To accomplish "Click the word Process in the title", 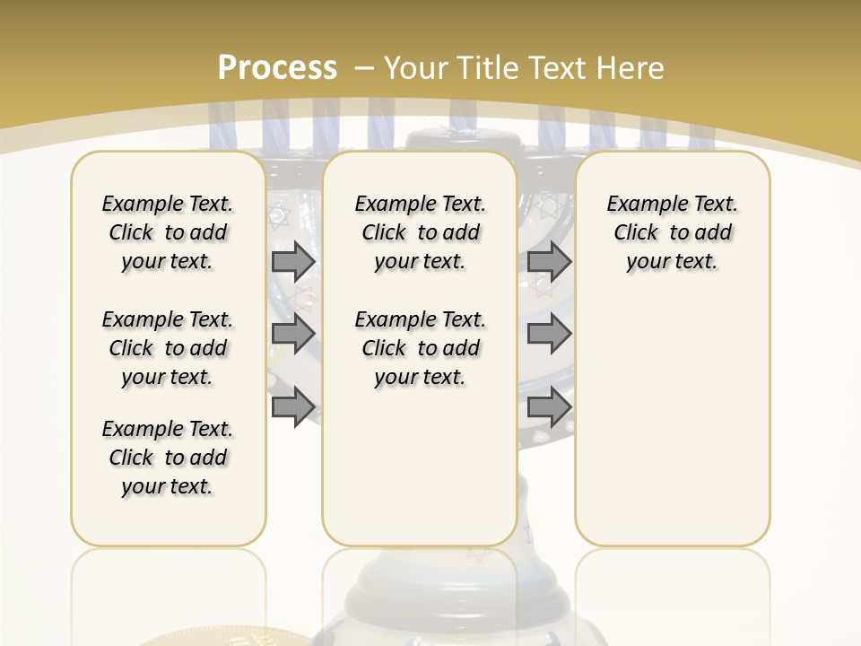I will (x=277, y=67).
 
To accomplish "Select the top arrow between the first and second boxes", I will (x=293, y=261).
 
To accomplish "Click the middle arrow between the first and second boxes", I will (x=293, y=334).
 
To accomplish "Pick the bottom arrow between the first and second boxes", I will (x=293, y=406).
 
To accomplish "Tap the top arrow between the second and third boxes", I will (x=549, y=261).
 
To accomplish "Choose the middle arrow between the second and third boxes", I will (x=549, y=334).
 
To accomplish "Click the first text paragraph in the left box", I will (x=168, y=232).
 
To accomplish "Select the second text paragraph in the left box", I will (x=168, y=348).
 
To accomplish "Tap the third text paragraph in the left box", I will (x=168, y=458).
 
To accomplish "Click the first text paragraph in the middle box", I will (x=420, y=232).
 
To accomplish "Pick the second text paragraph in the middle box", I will (x=420, y=348).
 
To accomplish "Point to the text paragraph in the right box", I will (x=672, y=232).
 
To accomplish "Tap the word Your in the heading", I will (x=413, y=67).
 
